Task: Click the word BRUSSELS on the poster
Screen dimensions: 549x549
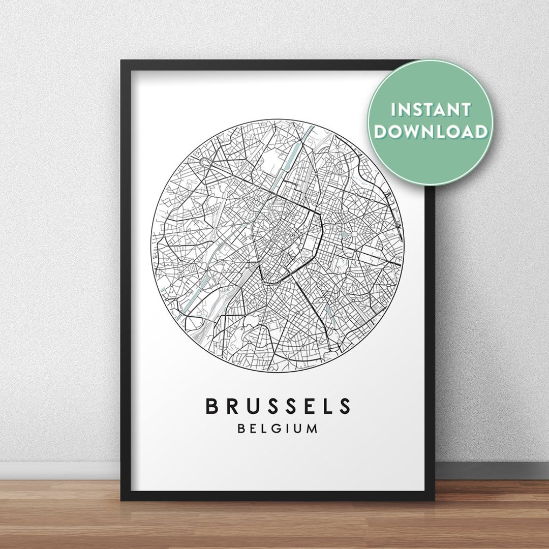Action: point(278,406)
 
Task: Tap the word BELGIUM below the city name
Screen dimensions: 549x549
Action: point(278,429)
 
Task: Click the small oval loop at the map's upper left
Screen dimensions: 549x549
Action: point(205,162)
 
